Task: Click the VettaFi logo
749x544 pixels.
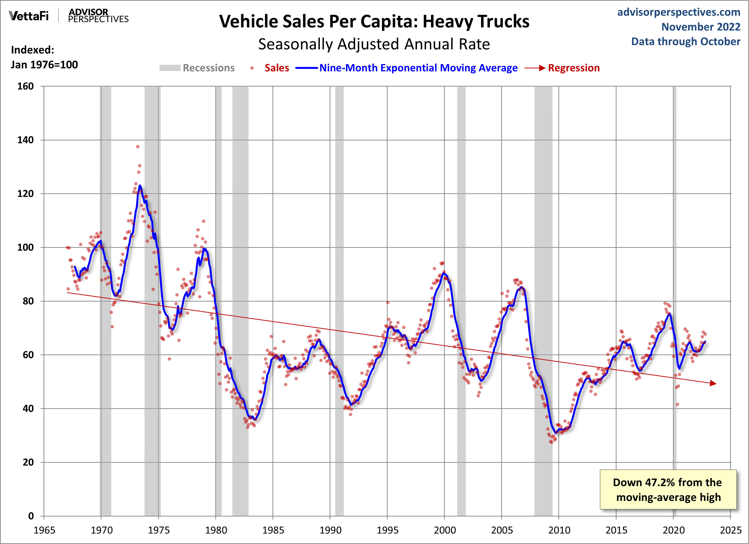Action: click(x=29, y=16)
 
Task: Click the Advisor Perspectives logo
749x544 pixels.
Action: click(x=98, y=16)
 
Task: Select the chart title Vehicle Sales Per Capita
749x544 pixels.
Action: click(x=374, y=22)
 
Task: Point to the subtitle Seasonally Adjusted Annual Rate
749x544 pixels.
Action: click(x=374, y=44)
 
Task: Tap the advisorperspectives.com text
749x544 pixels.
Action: click(x=679, y=12)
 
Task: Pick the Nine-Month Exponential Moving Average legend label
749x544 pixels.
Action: click(x=418, y=68)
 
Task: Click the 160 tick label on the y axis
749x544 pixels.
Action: click(x=25, y=87)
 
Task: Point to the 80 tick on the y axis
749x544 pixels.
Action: click(x=28, y=301)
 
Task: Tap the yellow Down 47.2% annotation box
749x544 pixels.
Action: click(x=668, y=489)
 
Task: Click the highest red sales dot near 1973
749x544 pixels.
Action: click(x=138, y=147)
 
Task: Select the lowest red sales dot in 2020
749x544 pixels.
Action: click(x=677, y=404)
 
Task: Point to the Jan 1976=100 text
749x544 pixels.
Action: click(x=44, y=65)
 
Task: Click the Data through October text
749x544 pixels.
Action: click(x=686, y=42)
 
